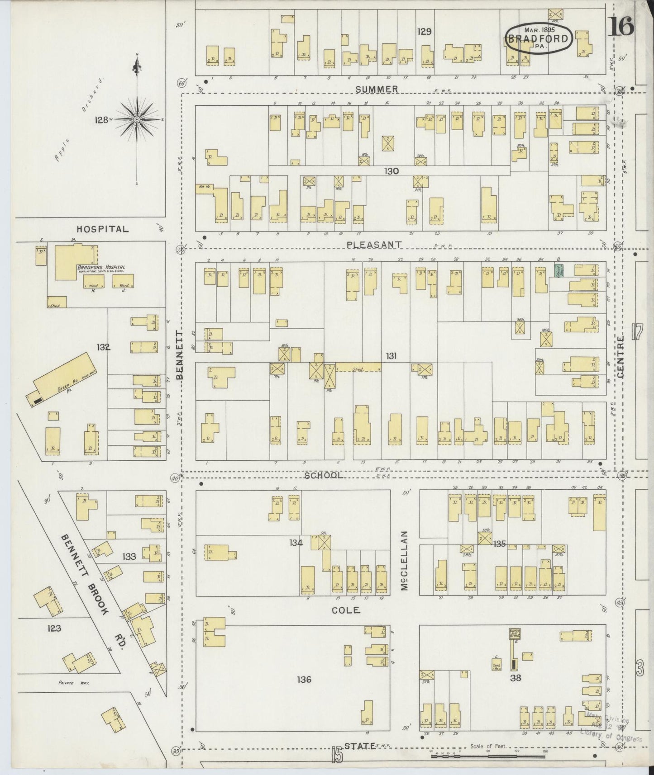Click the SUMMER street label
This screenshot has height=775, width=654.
coord(377,89)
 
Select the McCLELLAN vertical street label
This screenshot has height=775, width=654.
coord(404,560)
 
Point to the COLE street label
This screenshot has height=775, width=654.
coord(346,610)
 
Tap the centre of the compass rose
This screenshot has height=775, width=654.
coord(137,119)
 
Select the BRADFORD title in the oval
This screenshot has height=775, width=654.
coord(538,38)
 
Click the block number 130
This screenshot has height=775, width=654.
coord(391,171)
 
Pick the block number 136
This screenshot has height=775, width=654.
coord(304,679)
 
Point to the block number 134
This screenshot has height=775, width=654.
coord(296,543)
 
